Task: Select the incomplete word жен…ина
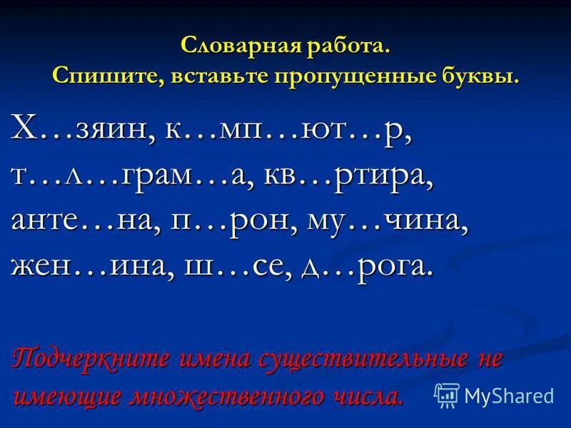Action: tap(85, 265)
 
